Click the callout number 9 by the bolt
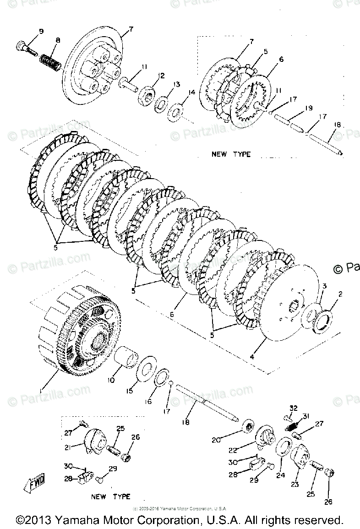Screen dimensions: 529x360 pyautogui.click(x=41, y=31)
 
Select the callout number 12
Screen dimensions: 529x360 pyautogui.click(x=162, y=75)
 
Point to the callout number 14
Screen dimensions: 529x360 pyautogui.click(x=191, y=93)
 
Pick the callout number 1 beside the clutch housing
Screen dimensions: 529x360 pyautogui.click(x=42, y=390)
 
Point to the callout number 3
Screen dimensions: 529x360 pyautogui.click(x=323, y=286)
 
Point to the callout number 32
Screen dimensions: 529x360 pyautogui.click(x=293, y=408)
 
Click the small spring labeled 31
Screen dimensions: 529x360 pyautogui.click(x=293, y=426)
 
